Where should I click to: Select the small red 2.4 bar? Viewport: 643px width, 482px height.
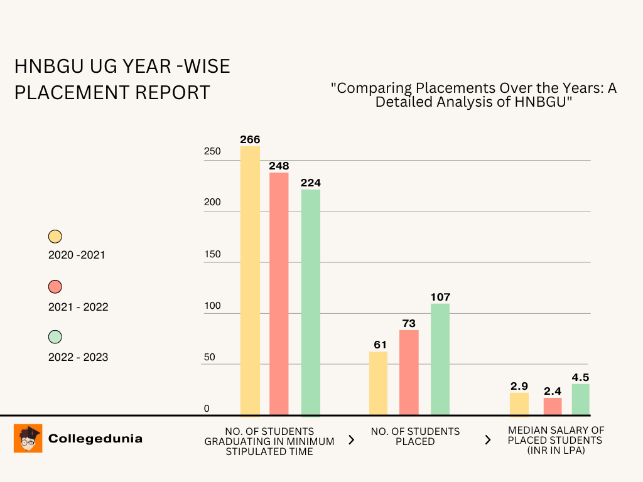553,406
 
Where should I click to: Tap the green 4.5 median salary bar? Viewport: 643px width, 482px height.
580,399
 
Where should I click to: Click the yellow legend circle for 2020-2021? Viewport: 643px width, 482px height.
55,237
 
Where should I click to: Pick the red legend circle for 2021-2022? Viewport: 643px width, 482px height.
55,287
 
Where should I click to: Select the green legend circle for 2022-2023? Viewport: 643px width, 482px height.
55,337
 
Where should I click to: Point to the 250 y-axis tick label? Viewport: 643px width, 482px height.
212,151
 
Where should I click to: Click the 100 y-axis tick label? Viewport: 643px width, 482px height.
212,306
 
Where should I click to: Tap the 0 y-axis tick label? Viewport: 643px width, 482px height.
207,409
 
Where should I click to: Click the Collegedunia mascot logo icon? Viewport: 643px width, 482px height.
28,438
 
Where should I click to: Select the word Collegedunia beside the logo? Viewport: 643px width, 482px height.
95,439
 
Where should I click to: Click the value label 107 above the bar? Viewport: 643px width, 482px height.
440,297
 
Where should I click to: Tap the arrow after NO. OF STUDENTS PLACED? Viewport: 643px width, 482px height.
488,440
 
